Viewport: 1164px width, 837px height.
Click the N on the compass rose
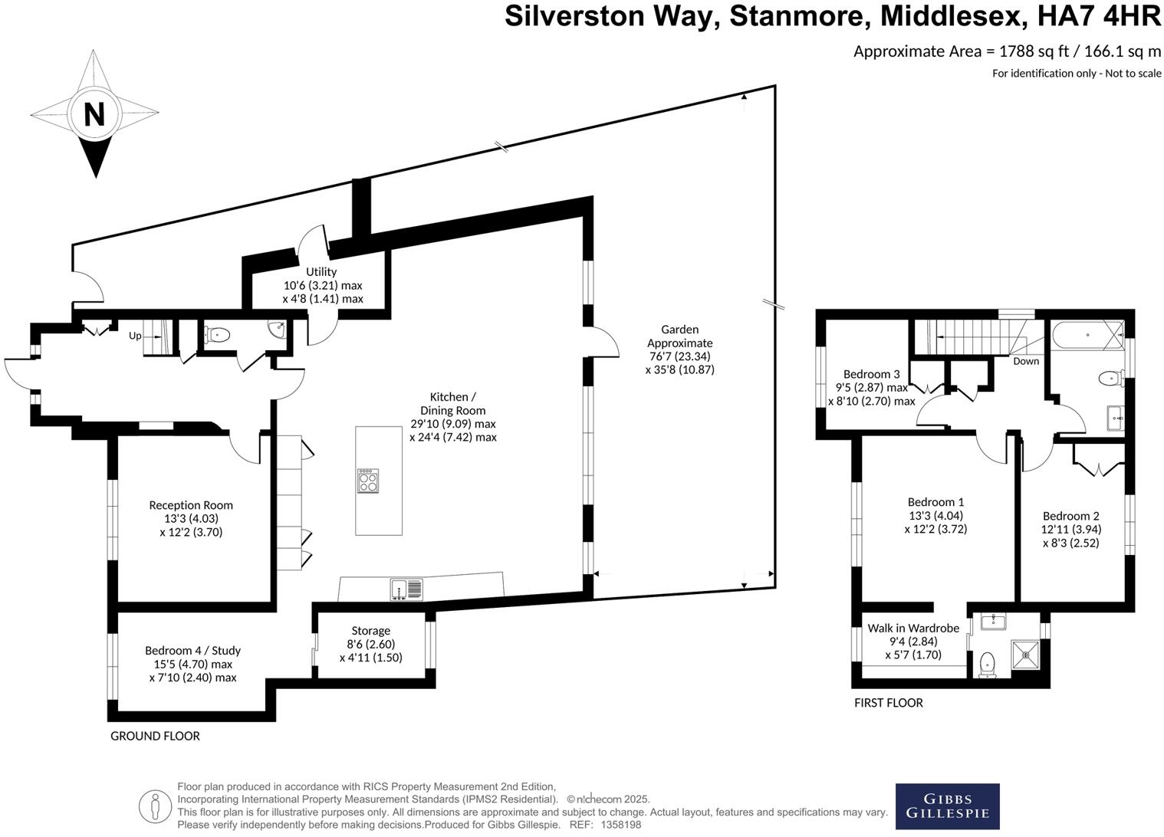point(94,115)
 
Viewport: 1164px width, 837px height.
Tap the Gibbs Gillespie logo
point(947,806)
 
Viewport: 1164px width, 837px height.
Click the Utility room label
point(321,272)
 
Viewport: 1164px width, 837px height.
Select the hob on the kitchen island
point(368,481)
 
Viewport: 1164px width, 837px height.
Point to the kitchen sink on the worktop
point(406,589)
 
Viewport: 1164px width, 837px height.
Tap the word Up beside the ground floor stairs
point(135,336)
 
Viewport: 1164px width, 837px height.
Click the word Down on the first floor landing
point(1026,361)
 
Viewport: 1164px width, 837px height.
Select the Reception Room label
point(191,505)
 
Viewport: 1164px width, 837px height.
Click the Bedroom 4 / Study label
point(192,651)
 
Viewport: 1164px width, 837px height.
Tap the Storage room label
point(370,631)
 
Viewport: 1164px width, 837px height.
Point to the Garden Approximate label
point(679,336)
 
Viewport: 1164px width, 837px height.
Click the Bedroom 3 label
point(871,374)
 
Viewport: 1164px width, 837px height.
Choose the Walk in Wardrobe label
point(913,628)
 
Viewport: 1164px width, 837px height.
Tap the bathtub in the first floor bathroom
point(1087,335)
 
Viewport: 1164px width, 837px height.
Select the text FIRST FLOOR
point(888,703)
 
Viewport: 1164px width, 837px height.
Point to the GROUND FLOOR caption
point(155,736)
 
